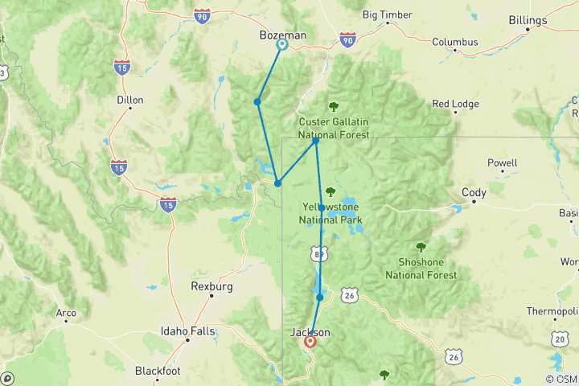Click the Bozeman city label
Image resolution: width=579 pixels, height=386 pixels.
tap(282, 35)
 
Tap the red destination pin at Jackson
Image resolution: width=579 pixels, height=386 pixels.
tap(310, 342)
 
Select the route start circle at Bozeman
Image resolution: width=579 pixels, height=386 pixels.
tap(282, 45)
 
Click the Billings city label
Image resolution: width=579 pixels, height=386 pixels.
tap(550, 21)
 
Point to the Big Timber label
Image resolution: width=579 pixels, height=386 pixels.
tap(387, 14)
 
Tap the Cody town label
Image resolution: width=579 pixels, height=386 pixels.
tap(474, 192)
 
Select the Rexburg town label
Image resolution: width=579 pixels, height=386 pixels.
tap(211, 285)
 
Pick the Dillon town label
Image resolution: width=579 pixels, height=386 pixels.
tap(129, 101)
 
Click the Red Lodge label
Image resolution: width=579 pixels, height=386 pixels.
tap(455, 104)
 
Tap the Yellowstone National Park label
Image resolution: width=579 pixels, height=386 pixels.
tap(331, 213)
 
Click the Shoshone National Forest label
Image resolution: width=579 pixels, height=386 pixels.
tap(421, 269)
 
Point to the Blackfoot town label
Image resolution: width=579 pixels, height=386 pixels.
tap(157, 371)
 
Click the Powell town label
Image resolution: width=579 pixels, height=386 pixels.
tap(503, 162)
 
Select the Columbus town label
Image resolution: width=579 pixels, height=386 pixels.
tap(454, 42)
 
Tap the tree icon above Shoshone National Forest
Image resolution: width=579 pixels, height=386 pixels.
tap(419, 247)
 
